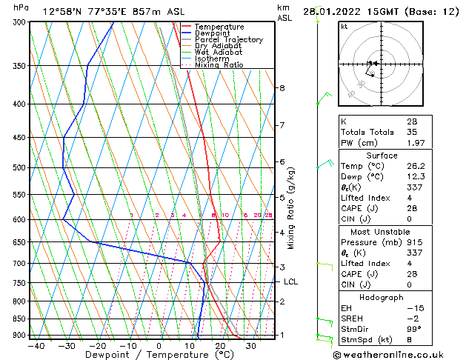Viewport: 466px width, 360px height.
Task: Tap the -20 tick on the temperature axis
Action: (97, 345)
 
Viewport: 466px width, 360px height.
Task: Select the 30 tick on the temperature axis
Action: (251, 345)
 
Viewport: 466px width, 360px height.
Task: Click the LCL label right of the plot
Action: (291, 281)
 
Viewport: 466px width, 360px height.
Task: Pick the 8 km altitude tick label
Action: (282, 87)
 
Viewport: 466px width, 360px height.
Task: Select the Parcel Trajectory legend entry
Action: (228, 40)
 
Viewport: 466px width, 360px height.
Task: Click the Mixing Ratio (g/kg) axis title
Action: (292, 207)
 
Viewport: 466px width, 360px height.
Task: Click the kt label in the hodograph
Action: (344, 27)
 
